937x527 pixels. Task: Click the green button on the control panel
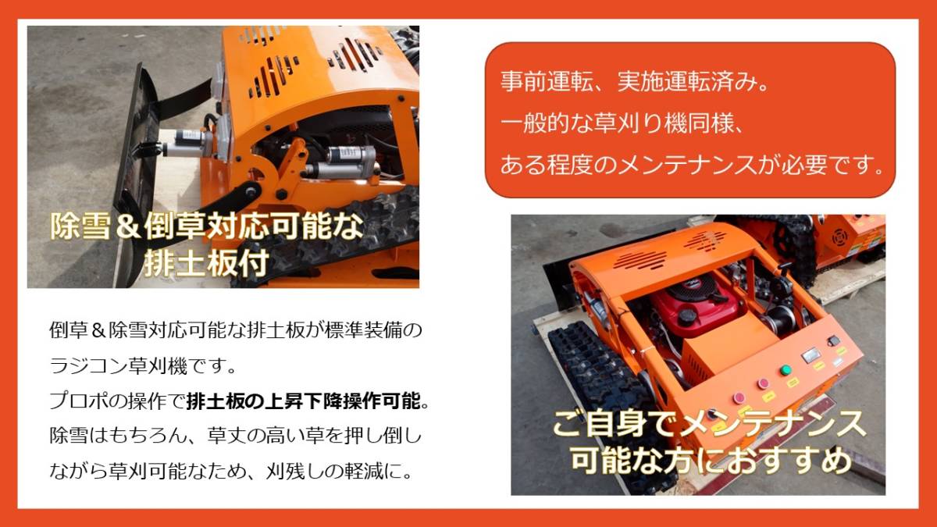786,371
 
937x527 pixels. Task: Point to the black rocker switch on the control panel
833,341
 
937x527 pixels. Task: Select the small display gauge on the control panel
811,355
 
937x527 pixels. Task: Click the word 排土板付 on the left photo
207,264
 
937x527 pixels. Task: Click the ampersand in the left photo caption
127,226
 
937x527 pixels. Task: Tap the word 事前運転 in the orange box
547,81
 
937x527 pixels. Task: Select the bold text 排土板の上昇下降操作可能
304,402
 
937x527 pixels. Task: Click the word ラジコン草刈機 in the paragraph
119,366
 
